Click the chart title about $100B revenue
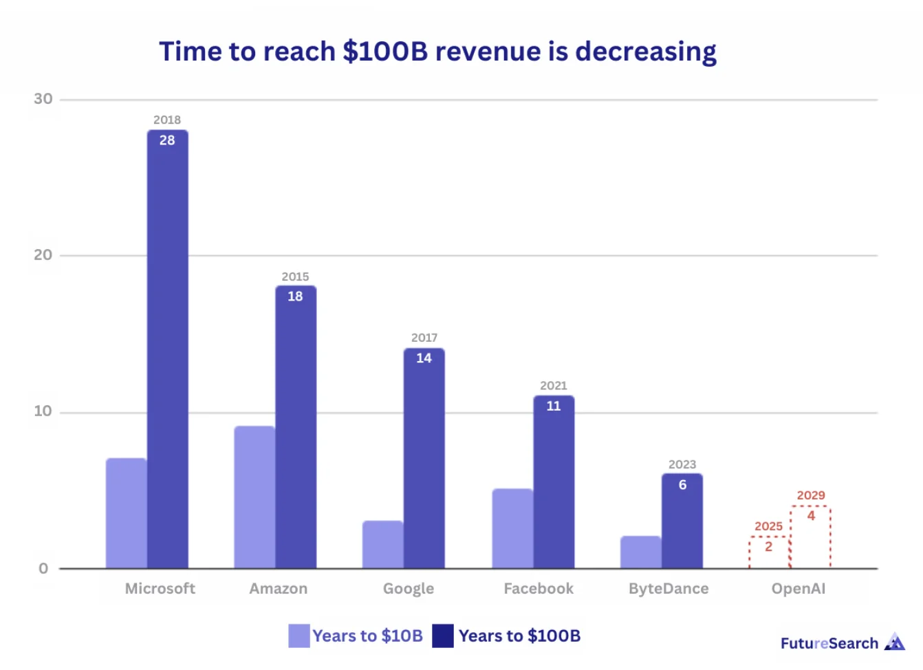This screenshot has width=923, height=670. click(x=437, y=52)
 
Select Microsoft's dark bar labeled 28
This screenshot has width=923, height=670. click(x=167, y=351)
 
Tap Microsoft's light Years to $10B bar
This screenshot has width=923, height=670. click(x=126, y=513)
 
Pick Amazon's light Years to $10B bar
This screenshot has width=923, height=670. click(x=254, y=497)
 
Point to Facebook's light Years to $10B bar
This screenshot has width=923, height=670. click(x=512, y=528)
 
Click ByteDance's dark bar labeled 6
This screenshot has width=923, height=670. click(x=682, y=523)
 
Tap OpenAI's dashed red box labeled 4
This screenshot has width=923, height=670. click(x=811, y=537)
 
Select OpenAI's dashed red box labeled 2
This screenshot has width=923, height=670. click(x=769, y=552)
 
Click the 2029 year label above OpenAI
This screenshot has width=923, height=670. click(x=811, y=495)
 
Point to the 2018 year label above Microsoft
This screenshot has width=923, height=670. click(x=167, y=120)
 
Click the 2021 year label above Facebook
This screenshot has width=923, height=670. click(x=554, y=386)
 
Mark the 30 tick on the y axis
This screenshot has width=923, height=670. click(x=43, y=99)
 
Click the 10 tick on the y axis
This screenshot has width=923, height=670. click(x=43, y=411)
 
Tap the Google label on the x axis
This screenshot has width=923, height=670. click(x=409, y=589)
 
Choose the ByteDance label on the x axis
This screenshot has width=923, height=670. click(x=669, y=589)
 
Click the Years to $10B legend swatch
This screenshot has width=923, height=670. click(x=299, y=636)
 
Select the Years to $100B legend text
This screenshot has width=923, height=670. click(x=519, y=636)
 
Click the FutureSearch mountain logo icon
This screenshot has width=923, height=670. click(x=894, y=642)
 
